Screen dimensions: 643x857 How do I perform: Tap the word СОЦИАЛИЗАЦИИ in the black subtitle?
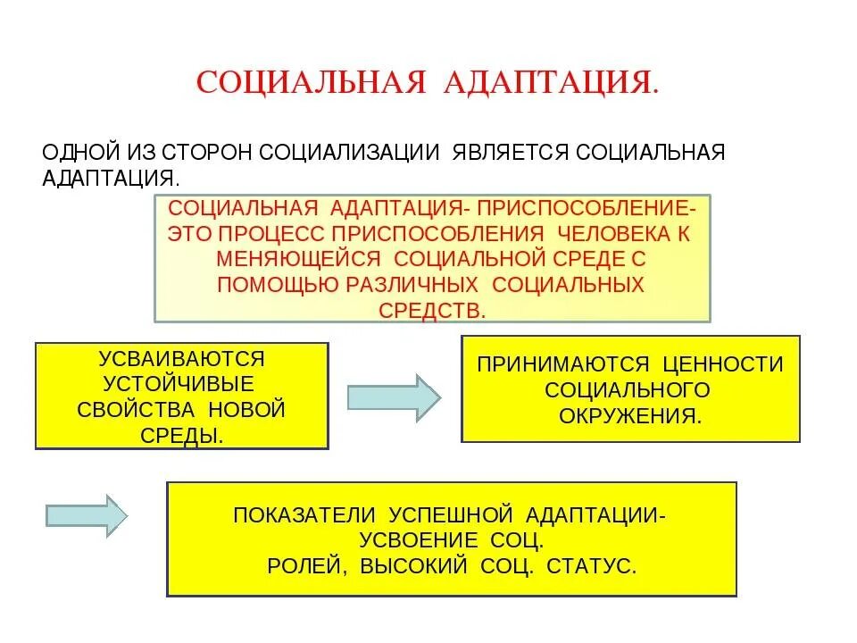point(349,151)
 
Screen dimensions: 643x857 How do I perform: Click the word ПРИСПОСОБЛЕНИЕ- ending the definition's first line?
point(584,208)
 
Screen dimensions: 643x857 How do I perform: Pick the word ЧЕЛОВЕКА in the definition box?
point(615,233)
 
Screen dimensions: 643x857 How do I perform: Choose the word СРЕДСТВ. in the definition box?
point(433,309)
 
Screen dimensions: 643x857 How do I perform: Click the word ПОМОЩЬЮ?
point(276,284)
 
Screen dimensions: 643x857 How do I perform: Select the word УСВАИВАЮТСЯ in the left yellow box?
point(182,359)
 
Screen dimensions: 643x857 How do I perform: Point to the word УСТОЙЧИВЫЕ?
point(179,384)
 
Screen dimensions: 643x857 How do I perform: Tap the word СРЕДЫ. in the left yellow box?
point(181,436)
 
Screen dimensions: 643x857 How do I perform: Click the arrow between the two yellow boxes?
point(393,394)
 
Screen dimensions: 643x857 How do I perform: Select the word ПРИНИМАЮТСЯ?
point(562,364)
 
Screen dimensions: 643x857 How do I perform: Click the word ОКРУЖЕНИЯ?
point(630,416)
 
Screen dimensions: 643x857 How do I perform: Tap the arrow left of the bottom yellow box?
point(87,515)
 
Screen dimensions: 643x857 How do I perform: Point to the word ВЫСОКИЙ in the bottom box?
point(413,566)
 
